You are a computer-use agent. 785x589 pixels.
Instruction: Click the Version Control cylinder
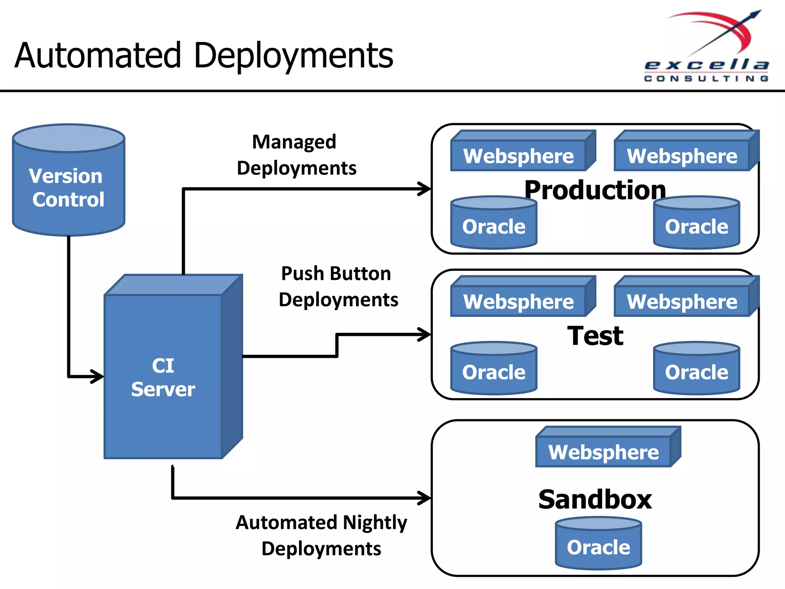coord(69,180)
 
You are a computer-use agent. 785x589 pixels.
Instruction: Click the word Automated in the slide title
coord(98,56)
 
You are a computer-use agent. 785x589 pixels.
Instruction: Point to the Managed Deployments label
coord(296,155)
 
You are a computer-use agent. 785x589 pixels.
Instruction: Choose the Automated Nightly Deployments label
coord(321,535)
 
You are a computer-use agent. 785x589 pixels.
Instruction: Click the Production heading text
coord(595,190)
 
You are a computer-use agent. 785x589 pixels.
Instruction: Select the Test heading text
coord(595,336)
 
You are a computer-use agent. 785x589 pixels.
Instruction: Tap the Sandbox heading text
coord(595,499)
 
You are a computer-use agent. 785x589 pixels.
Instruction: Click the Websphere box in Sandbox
coord(604,452)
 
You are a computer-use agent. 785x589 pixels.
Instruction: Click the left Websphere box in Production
coord(519,155)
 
